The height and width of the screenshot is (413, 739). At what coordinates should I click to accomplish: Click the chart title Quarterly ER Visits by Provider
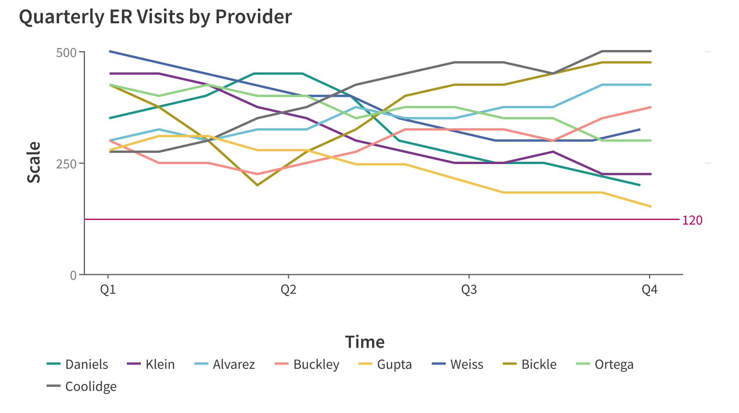pyautogui.click(x=155, y=17)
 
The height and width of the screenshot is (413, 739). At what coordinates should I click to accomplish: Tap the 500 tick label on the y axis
pyautogui.click(x=66, y=52)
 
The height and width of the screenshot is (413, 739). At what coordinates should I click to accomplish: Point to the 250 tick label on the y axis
pyautogui.click(x=66, y=164)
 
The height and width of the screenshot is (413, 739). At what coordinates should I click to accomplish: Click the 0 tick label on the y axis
pyautogui.click(x=73, y=275)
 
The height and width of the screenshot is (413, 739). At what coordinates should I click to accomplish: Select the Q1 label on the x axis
pyautogui.click(x=108, y=290)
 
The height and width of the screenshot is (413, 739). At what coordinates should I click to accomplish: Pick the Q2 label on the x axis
pyautogui.click(x=288, y=290)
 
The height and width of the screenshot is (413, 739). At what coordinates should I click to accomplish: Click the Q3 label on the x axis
pyautogui.click(x=469, y=290)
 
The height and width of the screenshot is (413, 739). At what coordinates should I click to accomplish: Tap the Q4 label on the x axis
pyautogui.click(x=649, y=290)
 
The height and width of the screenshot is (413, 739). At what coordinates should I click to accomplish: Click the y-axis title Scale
pyautogui.click(x=34, y=162)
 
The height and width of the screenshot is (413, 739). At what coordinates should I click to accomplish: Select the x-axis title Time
pyautogui.click(x=365, y=342)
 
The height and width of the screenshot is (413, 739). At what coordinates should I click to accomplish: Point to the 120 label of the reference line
pyautogui.click(x=692, y=220)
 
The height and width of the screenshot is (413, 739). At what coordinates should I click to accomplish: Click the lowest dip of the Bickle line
pyautogui.click(x=257, y=185)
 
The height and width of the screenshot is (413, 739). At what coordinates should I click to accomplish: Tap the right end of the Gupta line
pyautogui.click(x=651, y=206)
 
